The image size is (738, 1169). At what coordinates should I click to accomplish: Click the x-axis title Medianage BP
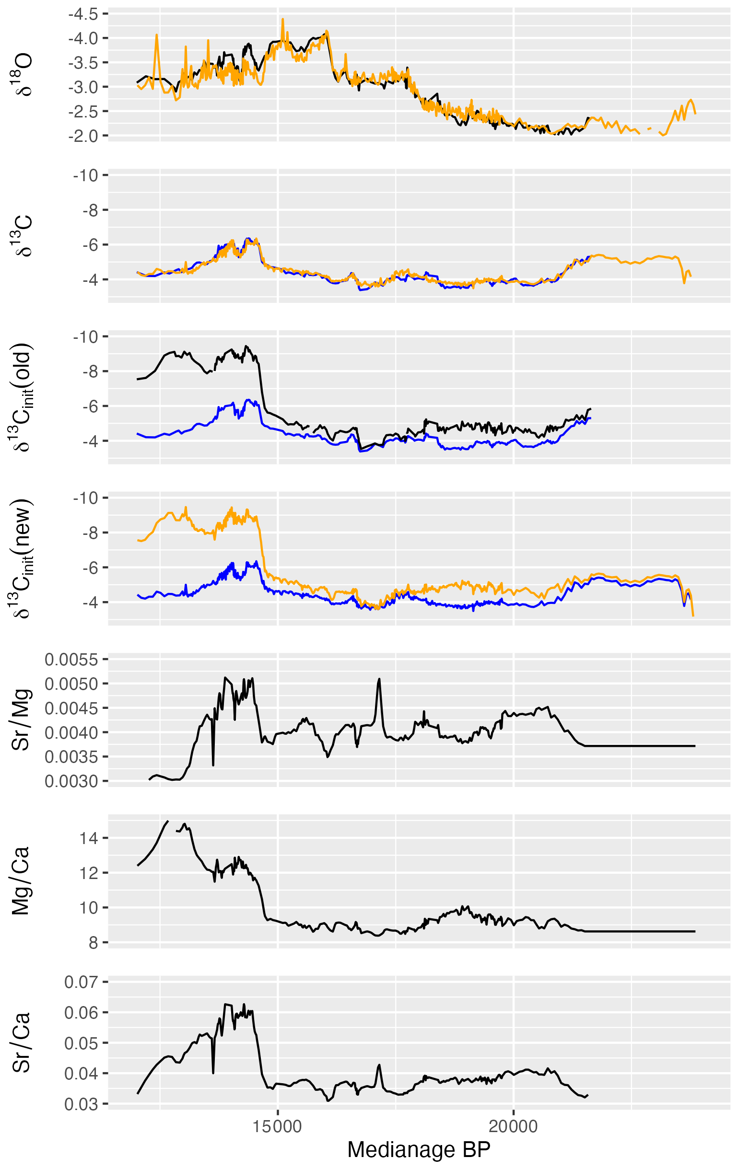coord(419,1149)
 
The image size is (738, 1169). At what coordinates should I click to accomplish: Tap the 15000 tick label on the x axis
coord(278,1127)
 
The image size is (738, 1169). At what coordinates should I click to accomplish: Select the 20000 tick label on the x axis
coord(513,1127)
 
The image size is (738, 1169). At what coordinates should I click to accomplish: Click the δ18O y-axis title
coord(22,75)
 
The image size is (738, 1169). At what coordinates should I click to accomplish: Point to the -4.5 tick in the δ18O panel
coord(83,14)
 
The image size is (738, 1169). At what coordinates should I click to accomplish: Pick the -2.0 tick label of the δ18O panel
coord(83,136)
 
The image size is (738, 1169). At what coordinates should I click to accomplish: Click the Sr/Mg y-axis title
coord(22,719)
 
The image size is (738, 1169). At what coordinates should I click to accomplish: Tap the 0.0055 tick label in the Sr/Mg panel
coord(71,659)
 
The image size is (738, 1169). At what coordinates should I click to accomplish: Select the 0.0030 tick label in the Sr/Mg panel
coord(71,781)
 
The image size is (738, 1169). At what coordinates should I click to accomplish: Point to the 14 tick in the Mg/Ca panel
coord(88,838)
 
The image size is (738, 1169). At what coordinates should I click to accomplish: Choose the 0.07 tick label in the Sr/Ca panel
coord(81,982)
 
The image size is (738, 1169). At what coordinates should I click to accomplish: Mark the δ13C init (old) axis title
coord(22,397)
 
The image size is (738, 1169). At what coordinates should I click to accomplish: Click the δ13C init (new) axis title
coord(22,558)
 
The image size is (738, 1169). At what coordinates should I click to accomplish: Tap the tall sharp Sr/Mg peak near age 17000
coord(379,680)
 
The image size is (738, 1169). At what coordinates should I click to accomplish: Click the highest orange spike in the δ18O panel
coord(283,20)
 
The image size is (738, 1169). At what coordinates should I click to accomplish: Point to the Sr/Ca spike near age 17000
coord(379,1065)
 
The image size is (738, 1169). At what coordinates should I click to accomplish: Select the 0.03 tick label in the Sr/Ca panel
coord(81,1104)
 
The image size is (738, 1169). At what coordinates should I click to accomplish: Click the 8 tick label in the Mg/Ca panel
coord(93,942)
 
